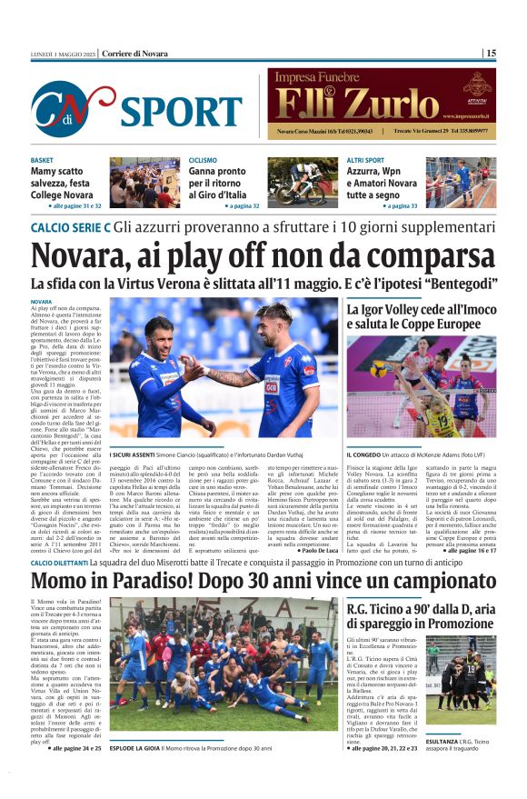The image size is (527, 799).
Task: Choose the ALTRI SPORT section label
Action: (x=366, y=160)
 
